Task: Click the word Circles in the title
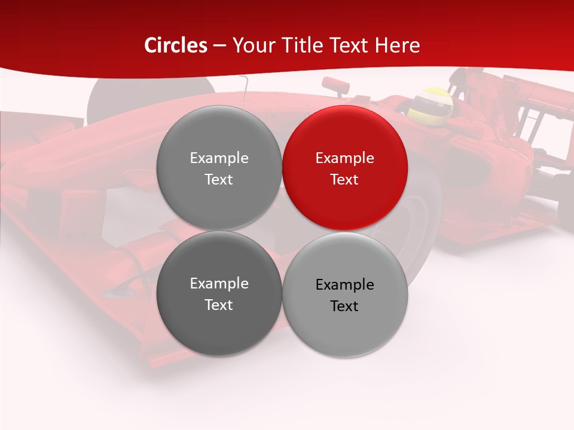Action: pos(176,45)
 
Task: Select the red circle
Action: pos(344,168)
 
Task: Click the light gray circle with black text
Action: pos(345,294)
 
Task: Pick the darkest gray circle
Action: pos(219,293)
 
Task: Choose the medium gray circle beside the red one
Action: pos(219,168)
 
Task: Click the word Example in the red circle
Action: pos(344,158)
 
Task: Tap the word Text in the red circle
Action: pos(344,179)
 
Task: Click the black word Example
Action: pos(344,285)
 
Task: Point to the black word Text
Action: pos(344,306)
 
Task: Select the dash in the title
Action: pos(219,45)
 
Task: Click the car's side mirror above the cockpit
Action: pos(336,85)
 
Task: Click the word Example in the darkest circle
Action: pos(219,284)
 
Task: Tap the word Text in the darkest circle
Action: pos(219,305)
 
